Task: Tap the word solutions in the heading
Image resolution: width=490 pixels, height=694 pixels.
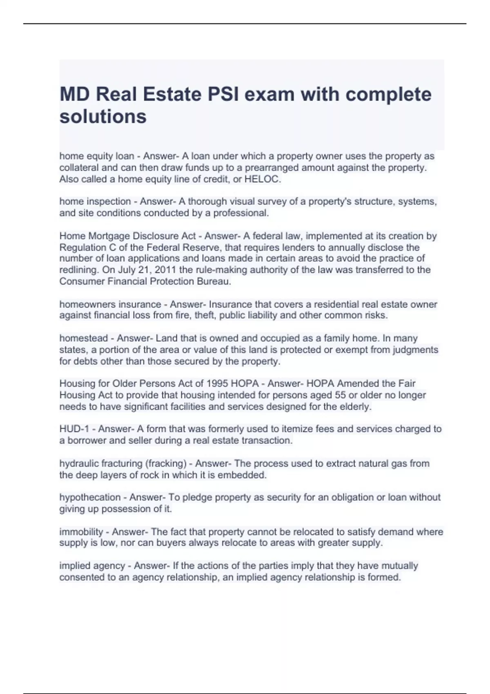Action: [103, 117]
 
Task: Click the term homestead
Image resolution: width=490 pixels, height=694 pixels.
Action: [84, 338]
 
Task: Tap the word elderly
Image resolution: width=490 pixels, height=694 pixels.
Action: [355, 407]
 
